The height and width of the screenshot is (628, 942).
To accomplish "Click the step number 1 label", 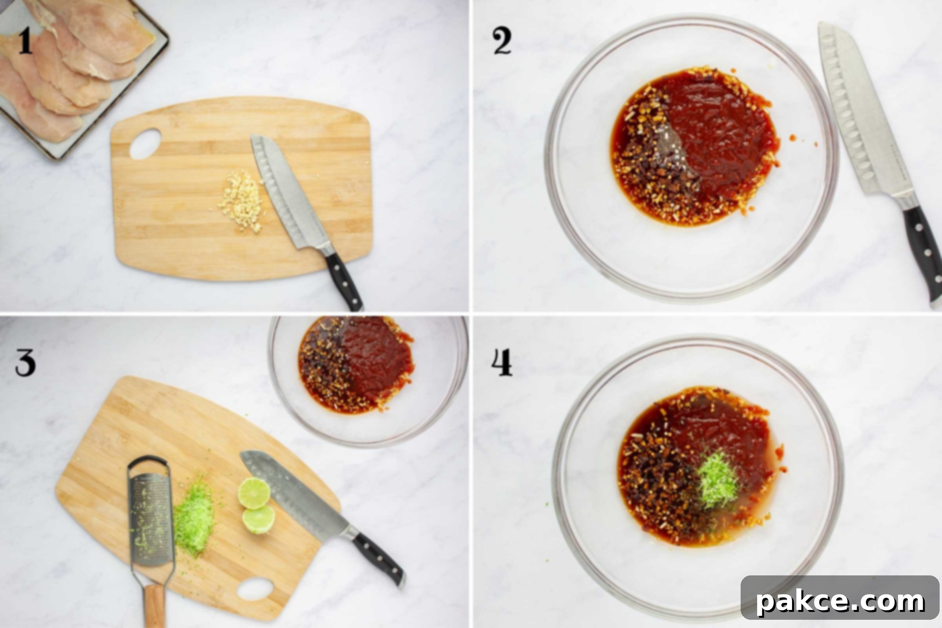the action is pos(25,41).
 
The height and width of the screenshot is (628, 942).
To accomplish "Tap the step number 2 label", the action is pos(502,41).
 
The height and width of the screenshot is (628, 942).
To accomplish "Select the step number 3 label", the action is pos(26,363).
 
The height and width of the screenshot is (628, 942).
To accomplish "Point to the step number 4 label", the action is pos(502,362).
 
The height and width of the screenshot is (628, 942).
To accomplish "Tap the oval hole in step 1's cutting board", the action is pos(145,143).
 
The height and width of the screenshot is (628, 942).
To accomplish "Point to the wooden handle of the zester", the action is pos(154,606).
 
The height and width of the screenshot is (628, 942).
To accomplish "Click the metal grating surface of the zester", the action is pos(151,518).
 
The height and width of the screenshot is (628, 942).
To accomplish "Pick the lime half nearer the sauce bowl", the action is pos(254,493).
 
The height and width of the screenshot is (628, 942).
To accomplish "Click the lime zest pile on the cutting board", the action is pos(194,517).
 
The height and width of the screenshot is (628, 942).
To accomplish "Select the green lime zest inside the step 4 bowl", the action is pos(718,480).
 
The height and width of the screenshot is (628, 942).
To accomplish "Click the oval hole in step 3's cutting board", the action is pos(255,589).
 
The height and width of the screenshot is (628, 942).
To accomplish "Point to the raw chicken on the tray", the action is pos(68,64).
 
